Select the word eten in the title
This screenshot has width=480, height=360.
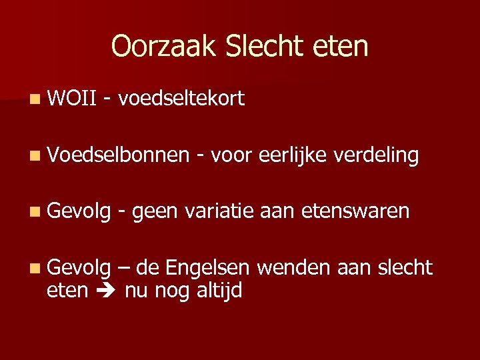(x=343, y=46)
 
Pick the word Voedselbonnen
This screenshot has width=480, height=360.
(x=119, y=155)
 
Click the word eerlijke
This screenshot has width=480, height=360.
(x=291, y=155)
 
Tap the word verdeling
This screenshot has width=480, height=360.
(x=376, y=155)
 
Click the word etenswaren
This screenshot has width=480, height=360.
(x=355, y=211)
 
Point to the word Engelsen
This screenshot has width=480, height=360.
(x=207, y=268)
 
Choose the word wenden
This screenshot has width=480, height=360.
(x=293, y=268)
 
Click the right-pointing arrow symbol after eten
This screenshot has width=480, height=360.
(x=106, y=291)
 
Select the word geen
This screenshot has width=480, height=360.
(x=155, y=212)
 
